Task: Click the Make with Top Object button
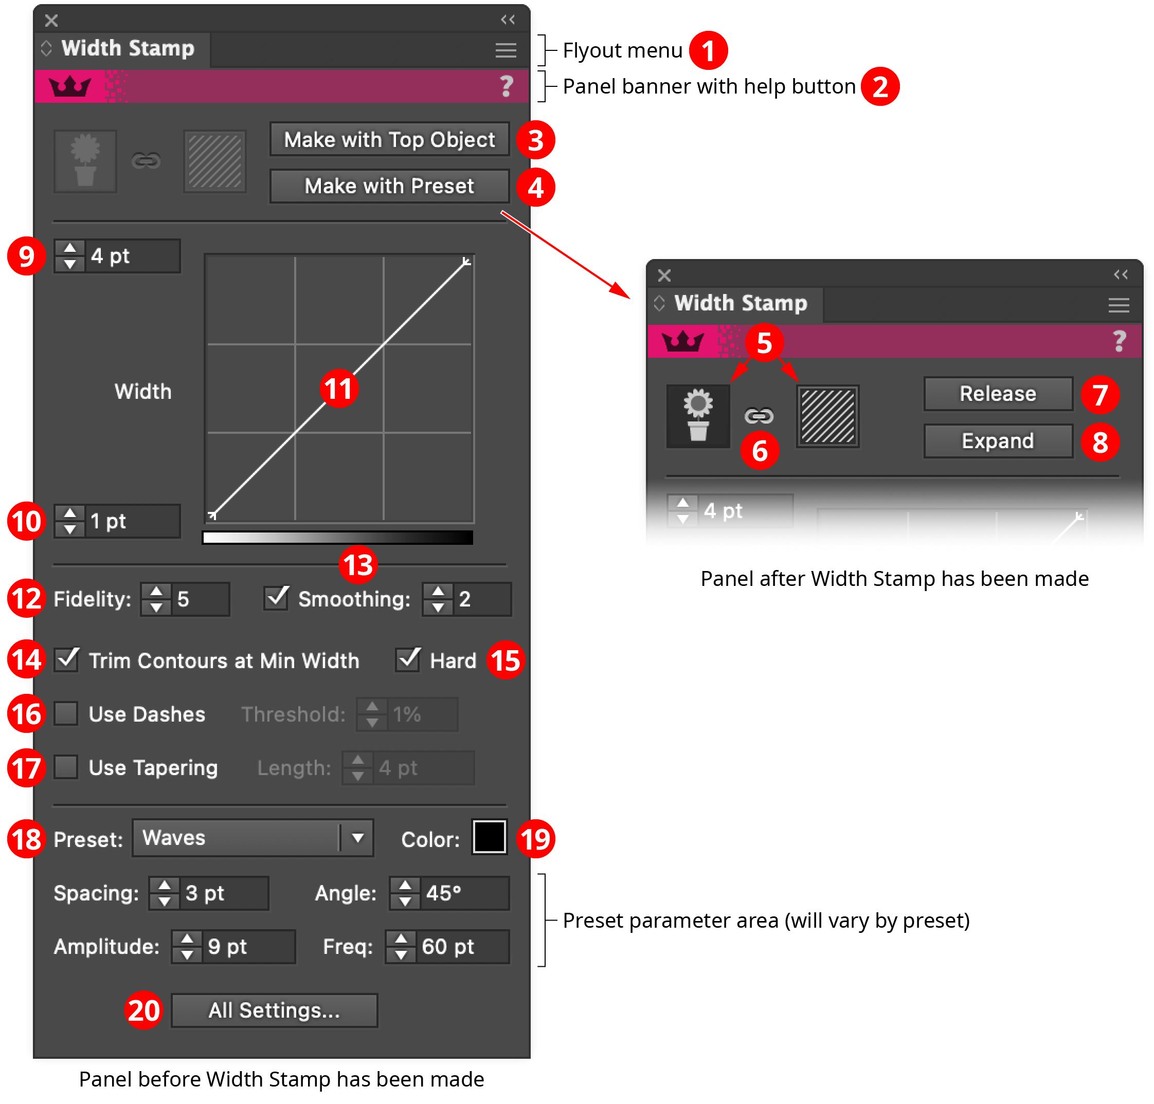point(389,139)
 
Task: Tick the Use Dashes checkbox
point(66,714)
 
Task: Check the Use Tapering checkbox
point(66,767)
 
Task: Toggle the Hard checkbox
point(407,660)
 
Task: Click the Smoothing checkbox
point(276,598)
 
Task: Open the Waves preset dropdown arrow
point(357,837)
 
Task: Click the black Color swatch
point(489,837)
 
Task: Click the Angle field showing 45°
point(463,893)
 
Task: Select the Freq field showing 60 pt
point(462,947)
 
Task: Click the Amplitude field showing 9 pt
point(247,947)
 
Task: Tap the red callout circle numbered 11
point(338,389)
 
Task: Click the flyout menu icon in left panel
point(505,50)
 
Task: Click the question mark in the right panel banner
point(1119,341)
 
